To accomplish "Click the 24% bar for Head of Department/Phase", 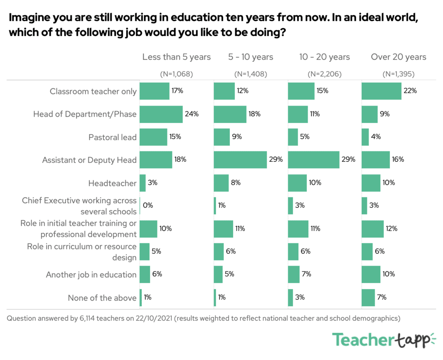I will click(161, 114).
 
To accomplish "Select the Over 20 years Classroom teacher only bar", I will click(381, 91).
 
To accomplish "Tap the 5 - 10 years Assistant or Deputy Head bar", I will click(240, 160).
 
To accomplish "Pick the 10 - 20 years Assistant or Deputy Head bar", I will click(314, 160).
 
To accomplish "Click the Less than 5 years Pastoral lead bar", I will click(153, 137).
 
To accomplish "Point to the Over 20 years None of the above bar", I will click(368, 298).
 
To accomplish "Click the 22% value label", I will click(410, 91).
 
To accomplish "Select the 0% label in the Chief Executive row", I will click(148, 206).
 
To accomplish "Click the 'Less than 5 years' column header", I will click(177, 57).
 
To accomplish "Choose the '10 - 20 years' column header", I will click(324, 57).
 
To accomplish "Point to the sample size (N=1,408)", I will click(250, 74).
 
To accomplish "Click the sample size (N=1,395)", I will click(398, 74).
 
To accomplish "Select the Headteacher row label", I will click(112, 183).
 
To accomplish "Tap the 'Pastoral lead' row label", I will click(112, 137).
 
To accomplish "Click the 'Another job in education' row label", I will click(91, 275).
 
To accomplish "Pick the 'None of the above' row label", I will click(102, 298).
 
